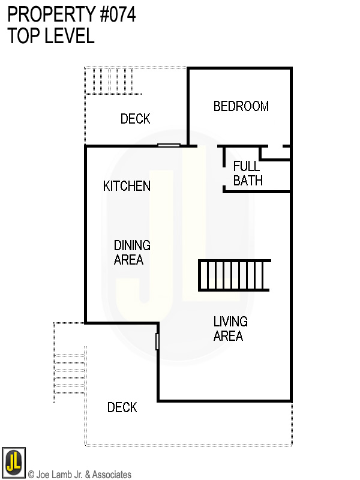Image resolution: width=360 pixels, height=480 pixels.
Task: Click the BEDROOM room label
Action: (x=241, y=106)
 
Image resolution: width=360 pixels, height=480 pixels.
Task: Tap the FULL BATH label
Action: (x=248, y=173)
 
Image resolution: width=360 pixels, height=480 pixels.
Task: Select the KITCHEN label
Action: (x=127, y=186)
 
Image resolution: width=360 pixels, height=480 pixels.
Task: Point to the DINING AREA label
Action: (x=132, y=253)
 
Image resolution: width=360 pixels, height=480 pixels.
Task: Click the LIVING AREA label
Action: (x=230, y=329)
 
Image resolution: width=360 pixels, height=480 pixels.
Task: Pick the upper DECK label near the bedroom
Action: (x=135, y=119)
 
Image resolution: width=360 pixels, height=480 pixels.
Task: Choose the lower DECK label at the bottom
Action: (x=122, y=407)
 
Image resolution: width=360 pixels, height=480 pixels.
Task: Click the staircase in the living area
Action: (x=234, y=275)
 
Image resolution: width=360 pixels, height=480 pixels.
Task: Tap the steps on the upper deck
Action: (x=112, y=81)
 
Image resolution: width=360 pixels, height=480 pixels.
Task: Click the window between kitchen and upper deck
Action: (x=169, y=145)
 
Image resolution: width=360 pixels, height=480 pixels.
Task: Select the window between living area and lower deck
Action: (x=157, y=341)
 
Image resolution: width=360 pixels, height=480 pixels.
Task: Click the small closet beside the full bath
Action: (x=275, y=152)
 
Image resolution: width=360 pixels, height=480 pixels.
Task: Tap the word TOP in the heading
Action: (x=23, y=36)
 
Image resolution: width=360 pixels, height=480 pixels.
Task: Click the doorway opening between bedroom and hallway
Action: (x=208, y=146)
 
